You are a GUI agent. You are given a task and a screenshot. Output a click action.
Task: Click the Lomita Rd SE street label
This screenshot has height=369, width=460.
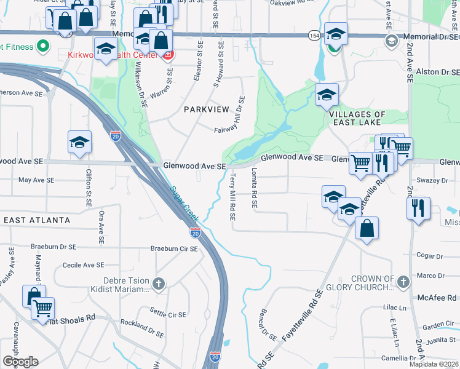click(x=254, y=189)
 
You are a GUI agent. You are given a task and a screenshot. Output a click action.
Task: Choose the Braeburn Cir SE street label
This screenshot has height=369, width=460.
click(x=175, y=249)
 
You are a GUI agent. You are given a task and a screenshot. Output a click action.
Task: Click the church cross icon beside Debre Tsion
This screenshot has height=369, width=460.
click(x=159, y=284)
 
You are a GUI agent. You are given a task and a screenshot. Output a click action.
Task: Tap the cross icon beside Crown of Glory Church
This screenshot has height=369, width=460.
click(x=403, y=282)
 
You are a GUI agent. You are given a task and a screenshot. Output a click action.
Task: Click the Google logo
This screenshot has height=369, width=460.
click(x=20, y=361)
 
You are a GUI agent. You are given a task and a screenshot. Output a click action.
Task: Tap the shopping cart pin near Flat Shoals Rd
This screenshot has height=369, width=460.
click(x=42, y=307)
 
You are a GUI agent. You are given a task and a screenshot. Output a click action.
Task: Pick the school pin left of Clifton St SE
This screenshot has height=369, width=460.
click(x=80, y=143)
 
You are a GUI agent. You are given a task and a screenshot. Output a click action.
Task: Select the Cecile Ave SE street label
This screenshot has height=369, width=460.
click(x=84, y=265)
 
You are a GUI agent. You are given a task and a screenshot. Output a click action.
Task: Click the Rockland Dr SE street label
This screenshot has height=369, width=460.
click(x=142, y=328)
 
